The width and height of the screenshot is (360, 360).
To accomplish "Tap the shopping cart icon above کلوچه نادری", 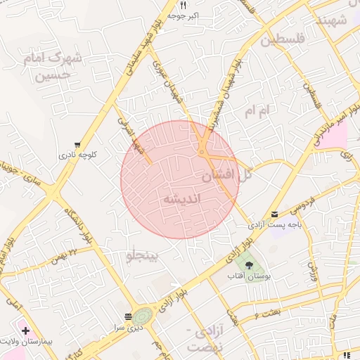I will [77, 143].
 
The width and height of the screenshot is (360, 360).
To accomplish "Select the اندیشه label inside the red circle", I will [181, 199].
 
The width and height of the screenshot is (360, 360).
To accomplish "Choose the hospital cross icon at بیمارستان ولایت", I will [26, 330].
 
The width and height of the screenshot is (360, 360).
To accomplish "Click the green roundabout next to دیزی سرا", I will [143, 316].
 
